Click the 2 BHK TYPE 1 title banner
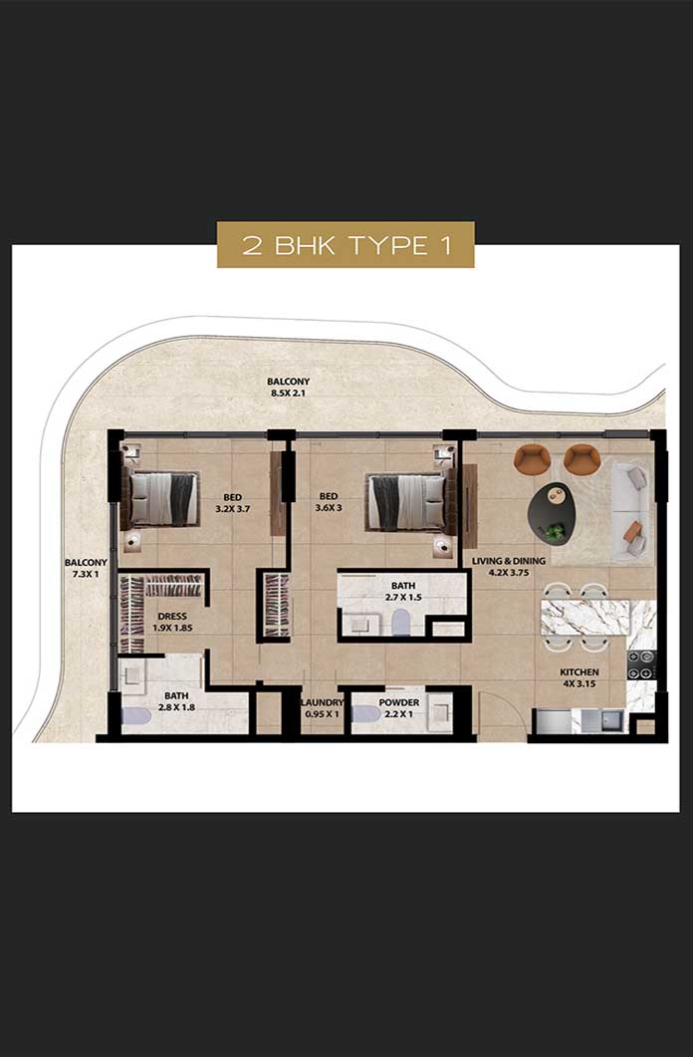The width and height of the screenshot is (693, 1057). (x=346, y=245)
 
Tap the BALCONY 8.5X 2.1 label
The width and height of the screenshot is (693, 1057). (x=288, y=387)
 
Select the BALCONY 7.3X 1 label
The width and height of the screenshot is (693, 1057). (x=86, y=568)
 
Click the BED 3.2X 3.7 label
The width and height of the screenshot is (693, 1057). (x=232, y=503)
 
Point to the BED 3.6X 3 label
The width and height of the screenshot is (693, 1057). (x=329, y=502)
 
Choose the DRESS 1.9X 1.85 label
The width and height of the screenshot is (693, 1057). (x=172, y=622)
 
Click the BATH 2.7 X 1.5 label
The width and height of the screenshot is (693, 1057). (x=403, y=591)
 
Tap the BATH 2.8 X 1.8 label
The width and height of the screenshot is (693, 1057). (x=176, y=701)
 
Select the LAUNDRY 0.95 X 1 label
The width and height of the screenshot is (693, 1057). (x=322, y=707)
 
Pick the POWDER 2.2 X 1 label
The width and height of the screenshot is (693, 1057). (x=398, y=707)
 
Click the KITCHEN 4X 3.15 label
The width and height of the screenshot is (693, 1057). (x=579, y=677)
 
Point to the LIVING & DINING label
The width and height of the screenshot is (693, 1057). (x=509, y=561)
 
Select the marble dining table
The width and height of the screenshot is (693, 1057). (x=585, y=617)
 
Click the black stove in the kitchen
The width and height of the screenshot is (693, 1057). (x=642, y=664)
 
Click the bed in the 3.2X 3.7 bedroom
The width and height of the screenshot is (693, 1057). (x=159, y=499)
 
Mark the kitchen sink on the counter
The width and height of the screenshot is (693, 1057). (x=614, y=720)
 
